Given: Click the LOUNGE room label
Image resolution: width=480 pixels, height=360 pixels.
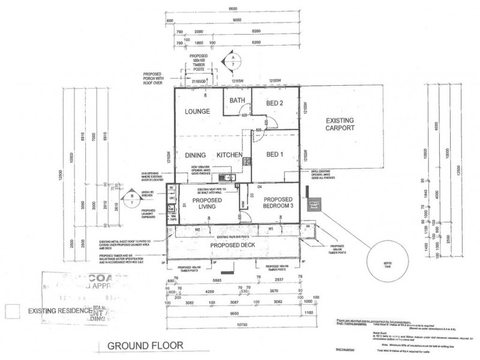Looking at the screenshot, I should [x=197, y=112].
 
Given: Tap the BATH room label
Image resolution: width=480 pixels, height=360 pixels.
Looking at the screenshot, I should [x=236, y=101].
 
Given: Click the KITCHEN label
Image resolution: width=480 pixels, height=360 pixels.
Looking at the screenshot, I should [x=229, y=155].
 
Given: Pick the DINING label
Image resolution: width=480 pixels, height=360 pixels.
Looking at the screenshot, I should [x=196, y=155].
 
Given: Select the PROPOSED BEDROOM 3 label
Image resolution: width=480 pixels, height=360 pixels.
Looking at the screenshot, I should [x=277, y=203].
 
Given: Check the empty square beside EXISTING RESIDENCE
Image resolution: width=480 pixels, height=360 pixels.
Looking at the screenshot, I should [x=11, y=310].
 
